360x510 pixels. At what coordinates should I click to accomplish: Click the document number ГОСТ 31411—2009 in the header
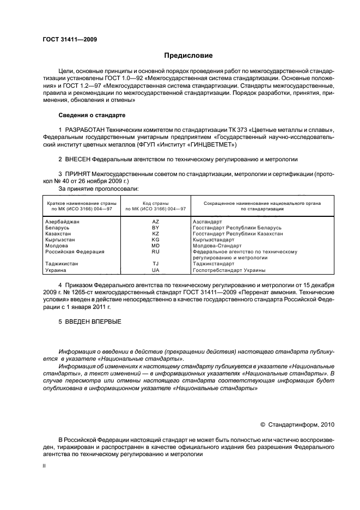(70, 40)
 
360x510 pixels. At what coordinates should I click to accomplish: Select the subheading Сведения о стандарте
(92, 116)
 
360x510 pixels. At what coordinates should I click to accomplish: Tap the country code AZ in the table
(155, 222)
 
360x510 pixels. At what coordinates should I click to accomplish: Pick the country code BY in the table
(155, 228)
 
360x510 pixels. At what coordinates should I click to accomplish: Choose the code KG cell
(155, 240)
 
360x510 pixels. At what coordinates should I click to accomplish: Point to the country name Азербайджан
(62, 222)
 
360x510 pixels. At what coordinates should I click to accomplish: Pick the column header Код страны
(155, 203)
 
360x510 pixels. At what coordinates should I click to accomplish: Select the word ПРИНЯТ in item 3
(77, 174)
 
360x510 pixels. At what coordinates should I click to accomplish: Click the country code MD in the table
(155, 246)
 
